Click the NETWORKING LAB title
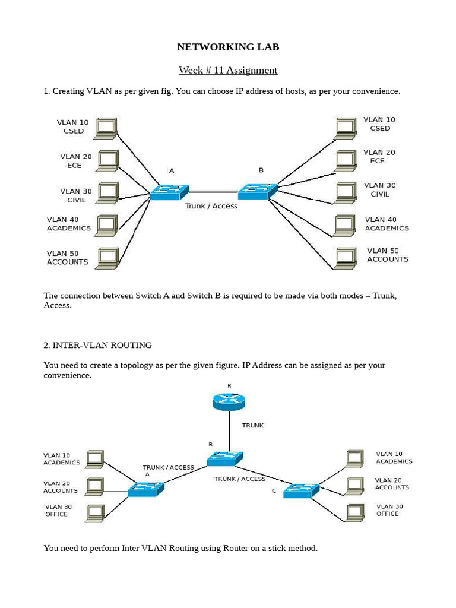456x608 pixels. pyautogui.click(x=228, y=47)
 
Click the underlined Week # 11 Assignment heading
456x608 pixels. pyautogui.click(x=228, y=71)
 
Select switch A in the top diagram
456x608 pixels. pyautogui.click(x=169, y=192)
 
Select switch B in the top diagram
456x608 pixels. pyautogui.click(x=257, y=191)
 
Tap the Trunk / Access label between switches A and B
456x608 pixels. pyautogui.click(x=211, y=206)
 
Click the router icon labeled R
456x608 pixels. pyautogui.click(x=229, y=401)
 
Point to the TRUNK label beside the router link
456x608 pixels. pyautogui.click(x=252, y=426)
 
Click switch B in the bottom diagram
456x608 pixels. pyautogui.click(x=225, y=458)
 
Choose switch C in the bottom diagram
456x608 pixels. pyautogui.click(x=301, y=491)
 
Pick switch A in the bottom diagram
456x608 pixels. pyautogui.click(x=145, y=489)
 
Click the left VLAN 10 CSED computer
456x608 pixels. pyautogui.click(x=106, y=128)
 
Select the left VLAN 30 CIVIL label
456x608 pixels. pyautogui.click(x=76, y=195)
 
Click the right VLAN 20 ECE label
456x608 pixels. pyautogui.click(x=379, y=157)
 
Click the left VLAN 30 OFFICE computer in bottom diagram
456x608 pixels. pyautogui.click(x=95, y=513)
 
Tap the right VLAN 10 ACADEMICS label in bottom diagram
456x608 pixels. pyautogui.click(x=394, y=458)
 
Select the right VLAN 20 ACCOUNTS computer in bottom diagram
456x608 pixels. pyautogui.click(x=354, y=486)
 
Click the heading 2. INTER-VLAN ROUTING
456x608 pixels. pyautogui.click(x=97, y=345)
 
